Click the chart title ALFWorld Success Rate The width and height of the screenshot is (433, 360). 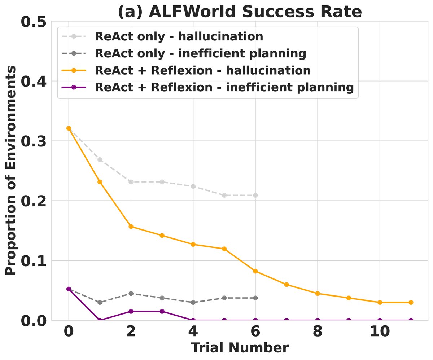coord(240,12)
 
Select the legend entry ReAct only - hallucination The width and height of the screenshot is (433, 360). coord(179,36)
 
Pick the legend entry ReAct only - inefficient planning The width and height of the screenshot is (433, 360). coord(200,53)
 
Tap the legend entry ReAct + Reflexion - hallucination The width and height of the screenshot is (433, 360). coord(202,71)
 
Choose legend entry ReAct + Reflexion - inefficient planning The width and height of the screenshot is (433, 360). coord(224,88)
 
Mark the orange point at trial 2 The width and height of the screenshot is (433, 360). coord(131,227)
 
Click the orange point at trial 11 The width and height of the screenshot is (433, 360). coord(411,302)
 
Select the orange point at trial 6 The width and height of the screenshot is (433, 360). coord(255,271)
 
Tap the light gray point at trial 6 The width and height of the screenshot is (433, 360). coord(255,195)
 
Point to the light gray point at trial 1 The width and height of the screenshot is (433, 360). coord(100,159)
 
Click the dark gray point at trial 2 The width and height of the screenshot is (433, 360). coord(131,294)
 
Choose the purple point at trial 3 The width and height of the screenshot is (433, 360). coord(162,311)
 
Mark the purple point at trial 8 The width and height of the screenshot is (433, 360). coord(318,320)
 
